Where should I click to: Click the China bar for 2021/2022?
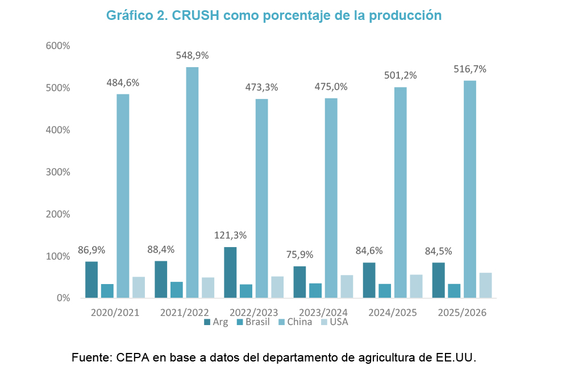tap(192, 182)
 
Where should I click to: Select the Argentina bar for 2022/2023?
tap(230, 272)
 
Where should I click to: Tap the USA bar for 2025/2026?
tap(485, 285)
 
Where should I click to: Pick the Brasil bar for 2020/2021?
tap(107, 291)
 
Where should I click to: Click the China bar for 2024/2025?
tap(401, 192)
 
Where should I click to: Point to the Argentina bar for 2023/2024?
tap(299, 282)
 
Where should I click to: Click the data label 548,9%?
tap(192, 55)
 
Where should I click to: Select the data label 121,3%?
tap(230, 235)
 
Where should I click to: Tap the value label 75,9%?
tap(299, 254)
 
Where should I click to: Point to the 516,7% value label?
tap(470, 69)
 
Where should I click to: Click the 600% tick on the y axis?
tap(57, 46)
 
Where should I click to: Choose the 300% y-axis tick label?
tap(57, 172)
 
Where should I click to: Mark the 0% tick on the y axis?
tap(62, 298)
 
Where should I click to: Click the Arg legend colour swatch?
tap(207, 323)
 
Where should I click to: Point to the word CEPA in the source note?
tap(132, 358)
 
